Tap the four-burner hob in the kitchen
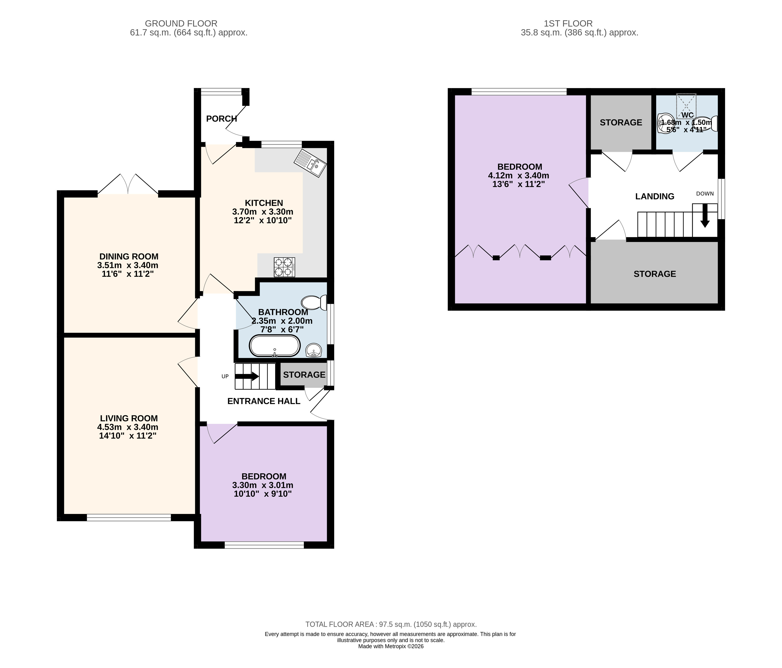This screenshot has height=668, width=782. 285,267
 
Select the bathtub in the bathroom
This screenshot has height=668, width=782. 275,345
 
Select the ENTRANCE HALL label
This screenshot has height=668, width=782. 264,401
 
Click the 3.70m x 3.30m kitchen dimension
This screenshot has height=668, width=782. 263,212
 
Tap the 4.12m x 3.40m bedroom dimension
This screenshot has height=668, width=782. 519,175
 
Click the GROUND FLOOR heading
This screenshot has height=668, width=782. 181,23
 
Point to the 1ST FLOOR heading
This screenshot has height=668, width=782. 568,23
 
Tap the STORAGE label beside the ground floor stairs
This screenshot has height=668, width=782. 304,375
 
